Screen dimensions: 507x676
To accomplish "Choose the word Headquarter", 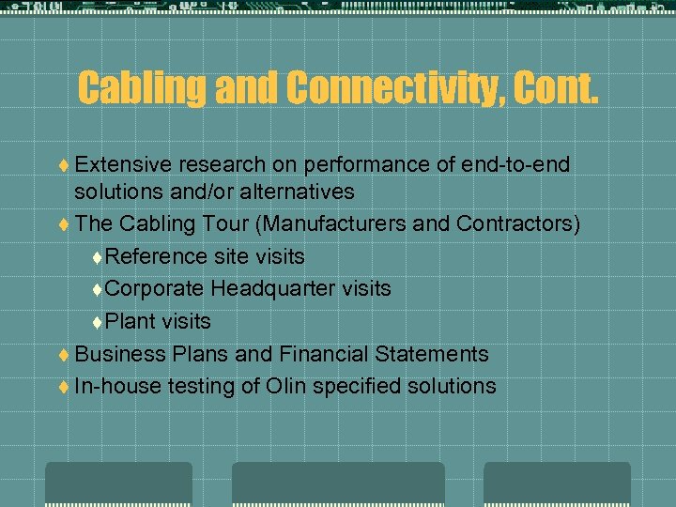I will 274,288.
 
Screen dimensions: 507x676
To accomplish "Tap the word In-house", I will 117,386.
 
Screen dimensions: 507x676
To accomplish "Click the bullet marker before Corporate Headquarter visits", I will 98,289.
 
